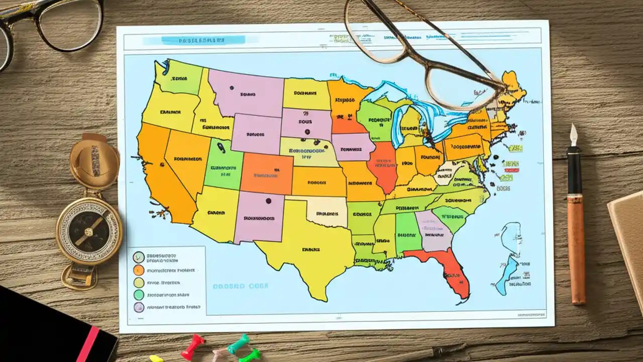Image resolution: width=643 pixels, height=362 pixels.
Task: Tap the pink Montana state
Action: [x=246, y=93]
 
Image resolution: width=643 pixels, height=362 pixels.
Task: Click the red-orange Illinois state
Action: [x=383, y=166]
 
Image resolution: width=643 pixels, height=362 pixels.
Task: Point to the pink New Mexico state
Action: [x=259, y=216]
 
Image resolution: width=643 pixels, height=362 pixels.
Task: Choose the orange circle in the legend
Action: [x=139, y=270]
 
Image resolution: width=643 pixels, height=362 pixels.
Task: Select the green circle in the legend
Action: [x=139, y=295]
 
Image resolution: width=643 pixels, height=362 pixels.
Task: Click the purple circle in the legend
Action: [x=139, y=307]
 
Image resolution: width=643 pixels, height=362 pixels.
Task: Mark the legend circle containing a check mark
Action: [x=139, y=257]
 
